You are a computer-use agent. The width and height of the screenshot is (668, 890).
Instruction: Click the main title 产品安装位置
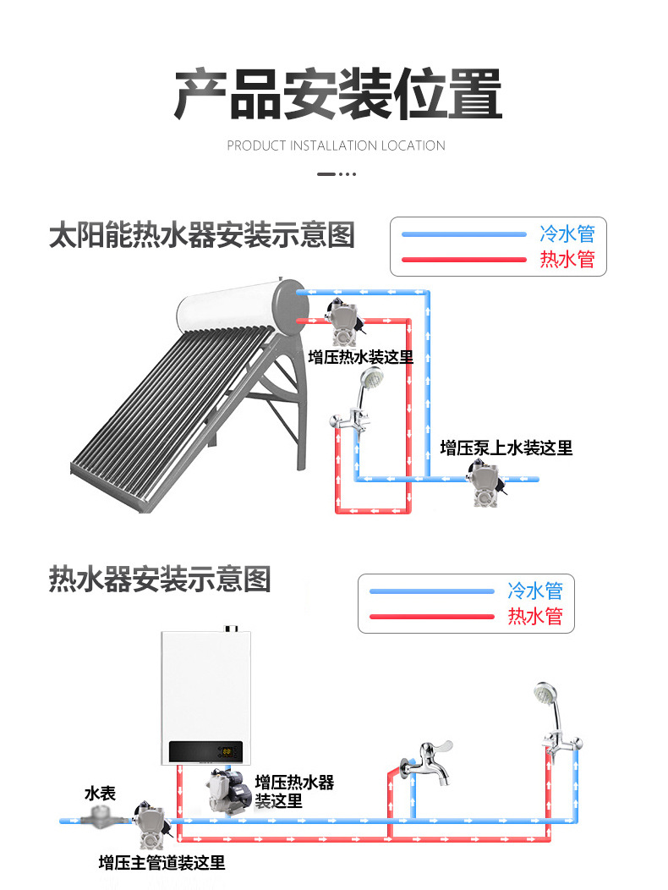point(337,93)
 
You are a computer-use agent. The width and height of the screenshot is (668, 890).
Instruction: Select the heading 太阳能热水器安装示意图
point(201,234)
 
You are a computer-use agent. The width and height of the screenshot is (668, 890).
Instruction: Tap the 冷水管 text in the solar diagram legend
point(567,234)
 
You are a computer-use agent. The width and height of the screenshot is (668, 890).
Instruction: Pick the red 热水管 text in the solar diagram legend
point(567,260)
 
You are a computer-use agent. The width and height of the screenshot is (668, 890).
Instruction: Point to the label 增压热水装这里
point(360,357)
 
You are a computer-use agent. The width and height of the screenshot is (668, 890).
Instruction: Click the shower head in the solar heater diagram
point(369,379)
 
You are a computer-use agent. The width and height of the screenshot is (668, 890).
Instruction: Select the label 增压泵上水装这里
point(506,448)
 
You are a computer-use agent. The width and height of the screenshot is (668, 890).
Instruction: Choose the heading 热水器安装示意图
point(160,580)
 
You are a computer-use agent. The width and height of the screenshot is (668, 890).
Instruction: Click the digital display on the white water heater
point(227,750)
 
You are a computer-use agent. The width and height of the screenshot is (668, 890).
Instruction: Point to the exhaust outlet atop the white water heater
point(228,630)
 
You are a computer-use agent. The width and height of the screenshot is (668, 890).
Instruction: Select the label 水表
point(100,794)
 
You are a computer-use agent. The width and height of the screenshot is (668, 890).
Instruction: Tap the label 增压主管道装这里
point(162,863)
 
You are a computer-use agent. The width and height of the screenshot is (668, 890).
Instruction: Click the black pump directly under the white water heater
point(227,788)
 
